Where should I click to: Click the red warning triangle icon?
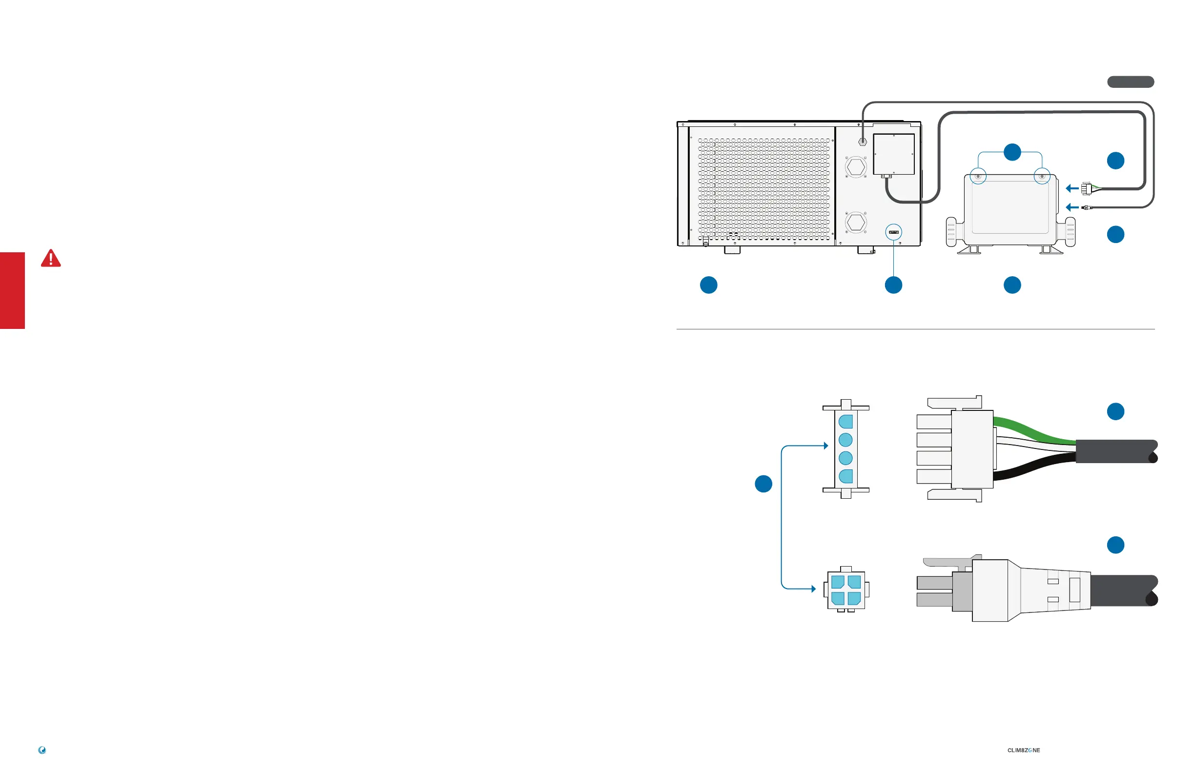click(x=51, y=259)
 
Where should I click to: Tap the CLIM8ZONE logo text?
click(x=1023, y=751)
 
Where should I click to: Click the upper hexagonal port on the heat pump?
click(x=856, y=167)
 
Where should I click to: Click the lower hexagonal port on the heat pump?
click(x=856, y=222)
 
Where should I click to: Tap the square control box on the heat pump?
click(x=894, y=154)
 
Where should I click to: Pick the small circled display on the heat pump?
click(x=894, y=232)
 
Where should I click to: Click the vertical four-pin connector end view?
click(x=846, y=449)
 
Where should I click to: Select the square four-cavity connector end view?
click(x=846, y=590)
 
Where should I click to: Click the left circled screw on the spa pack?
click(x=978, y=177)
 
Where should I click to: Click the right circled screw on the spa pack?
click(x=1042, y=177)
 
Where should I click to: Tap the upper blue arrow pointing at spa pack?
click(x=1072, y=189)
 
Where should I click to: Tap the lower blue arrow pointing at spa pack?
click(x=1072, y=207)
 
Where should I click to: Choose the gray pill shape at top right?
click(x=1131, y=82)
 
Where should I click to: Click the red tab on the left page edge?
click(x=12, y=291)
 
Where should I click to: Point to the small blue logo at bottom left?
click(x=42, y=751)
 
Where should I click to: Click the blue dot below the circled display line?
click(x=894, y=285)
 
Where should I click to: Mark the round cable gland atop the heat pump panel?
click(x=863, y=142)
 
